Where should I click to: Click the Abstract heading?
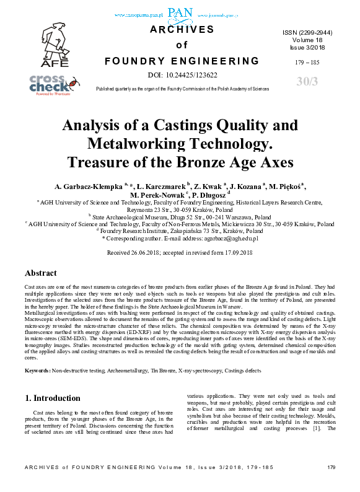click(41, 273)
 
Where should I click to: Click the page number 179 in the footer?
click(330, 484)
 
